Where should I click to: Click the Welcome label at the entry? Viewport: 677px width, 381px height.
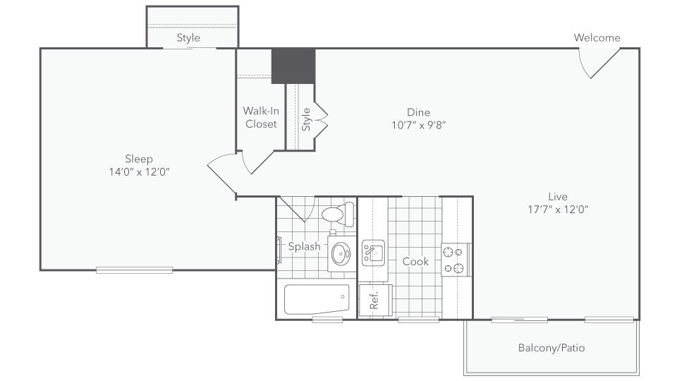coord(597,38)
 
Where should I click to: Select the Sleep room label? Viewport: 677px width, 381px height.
coord(139,159)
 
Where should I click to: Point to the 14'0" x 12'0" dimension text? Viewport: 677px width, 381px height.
coord(139,171)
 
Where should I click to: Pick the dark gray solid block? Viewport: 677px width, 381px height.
coord(293,66)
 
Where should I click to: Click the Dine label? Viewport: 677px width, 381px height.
coord(418,112)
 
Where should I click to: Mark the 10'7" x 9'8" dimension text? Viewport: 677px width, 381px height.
coord(418,125)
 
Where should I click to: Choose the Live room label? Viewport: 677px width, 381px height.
coord(557,196)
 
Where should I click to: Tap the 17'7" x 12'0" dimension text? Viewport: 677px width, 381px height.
coord(557,209)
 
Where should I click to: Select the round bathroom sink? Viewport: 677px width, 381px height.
coord(341,252)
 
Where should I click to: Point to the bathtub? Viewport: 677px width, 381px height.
coord(317,299)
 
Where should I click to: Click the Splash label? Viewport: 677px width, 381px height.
coord(304,246)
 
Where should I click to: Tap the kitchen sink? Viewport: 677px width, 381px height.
coord(373,252)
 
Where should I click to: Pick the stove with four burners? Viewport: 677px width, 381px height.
coord(456,260)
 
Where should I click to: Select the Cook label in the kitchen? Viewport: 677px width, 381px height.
coord(415,261)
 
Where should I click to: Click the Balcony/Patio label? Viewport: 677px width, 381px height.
coord(551,348)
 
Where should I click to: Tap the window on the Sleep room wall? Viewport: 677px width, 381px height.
coord(134,270)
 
